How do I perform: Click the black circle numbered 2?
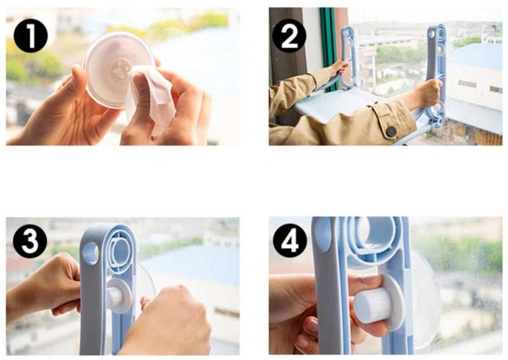click(290, 36)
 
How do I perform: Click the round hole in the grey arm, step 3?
click(91, 253)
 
